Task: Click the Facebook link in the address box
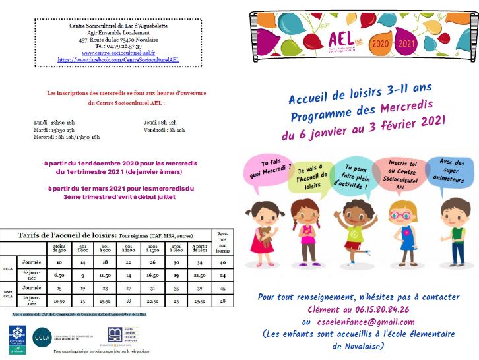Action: coord(119,59)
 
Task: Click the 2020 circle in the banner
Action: coord(380,44)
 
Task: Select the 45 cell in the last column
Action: coord(222,287)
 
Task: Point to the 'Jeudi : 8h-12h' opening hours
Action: coord(160,123)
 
